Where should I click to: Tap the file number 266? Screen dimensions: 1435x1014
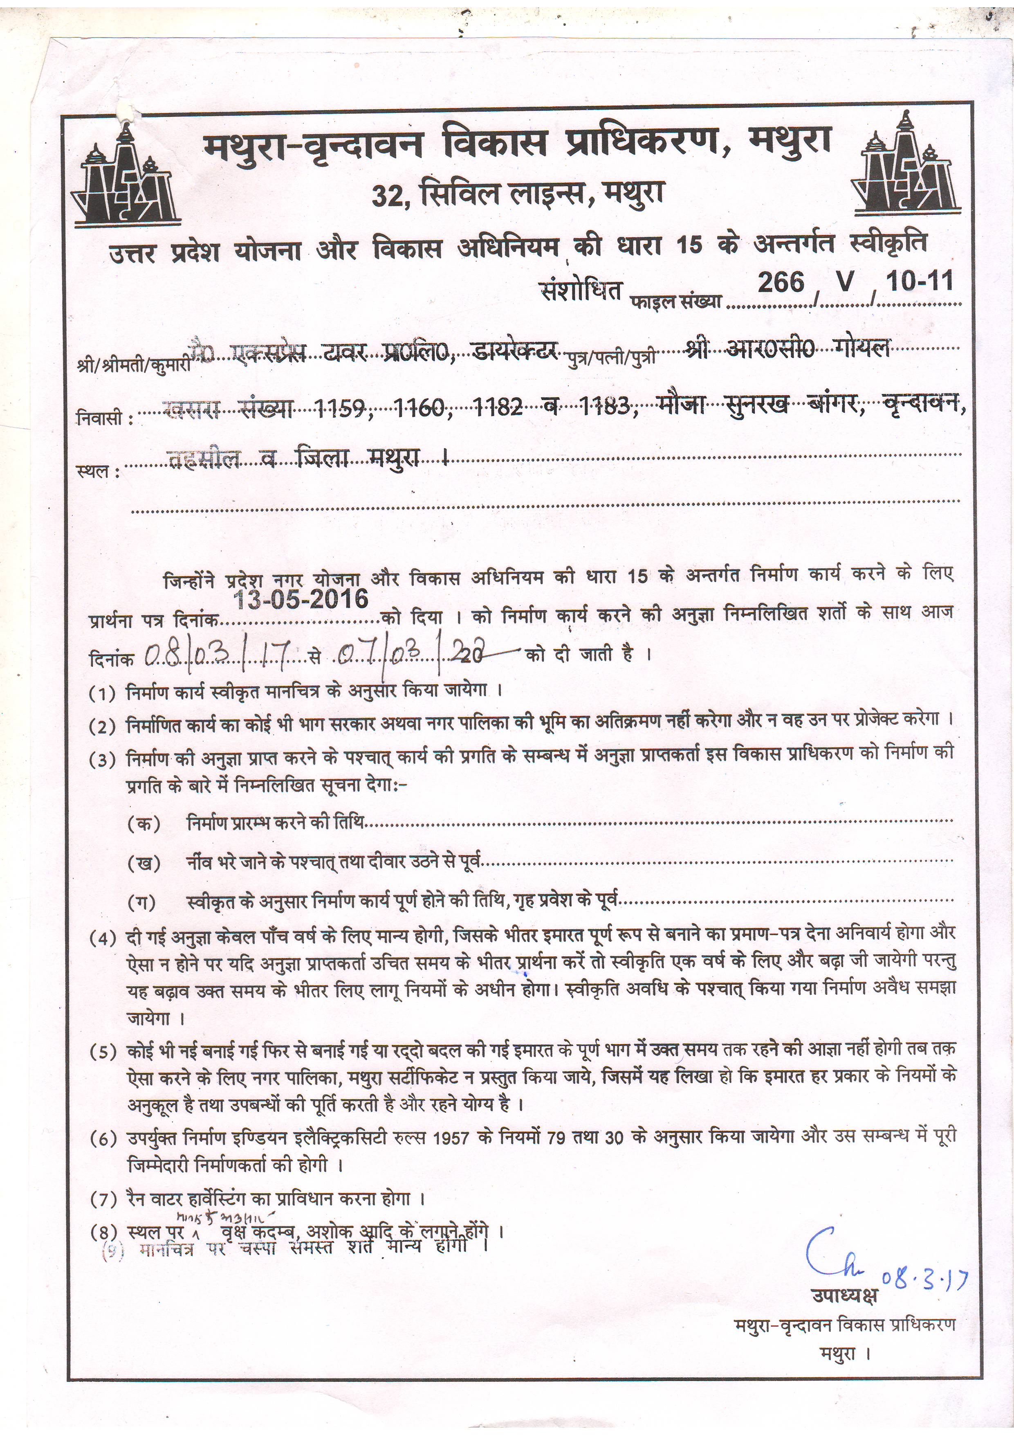(x=781, y=283)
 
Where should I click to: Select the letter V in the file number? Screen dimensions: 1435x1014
(x=844, y=283)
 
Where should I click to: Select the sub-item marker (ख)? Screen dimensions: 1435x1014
(x=144, y=864)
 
